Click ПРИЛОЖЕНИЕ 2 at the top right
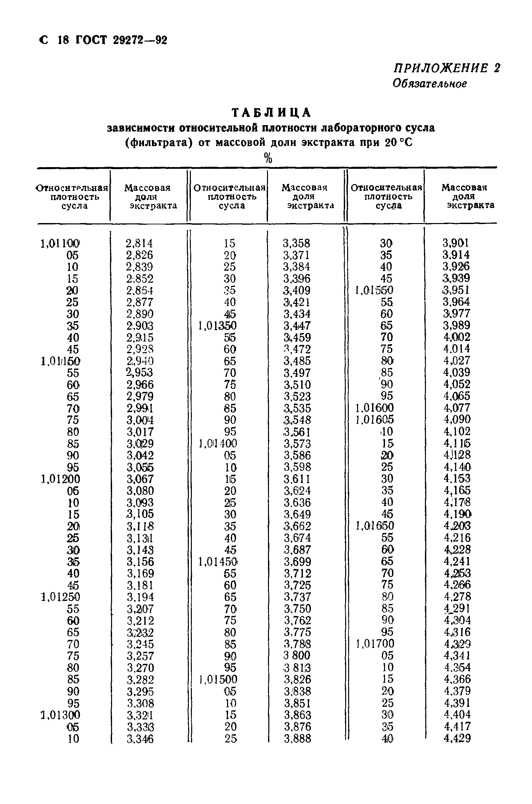(x=447, y=68)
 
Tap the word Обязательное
(x=430, y=84)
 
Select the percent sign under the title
(x=268, y=158)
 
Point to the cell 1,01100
(x=60, y=244)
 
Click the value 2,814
(x=139, y=244)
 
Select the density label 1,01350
(x=217, y=326)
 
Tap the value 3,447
(x=297, y=326)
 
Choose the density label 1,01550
(x=374, y=290)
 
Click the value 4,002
(x=457, y=337)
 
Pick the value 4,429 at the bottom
(x=457, y=738)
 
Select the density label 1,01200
(x=61, y=479)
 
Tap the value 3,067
(x=140, y=479)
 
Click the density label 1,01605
(x=375, y=420)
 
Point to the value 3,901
(x=455, y=243)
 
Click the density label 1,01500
(x=217, y=679)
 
